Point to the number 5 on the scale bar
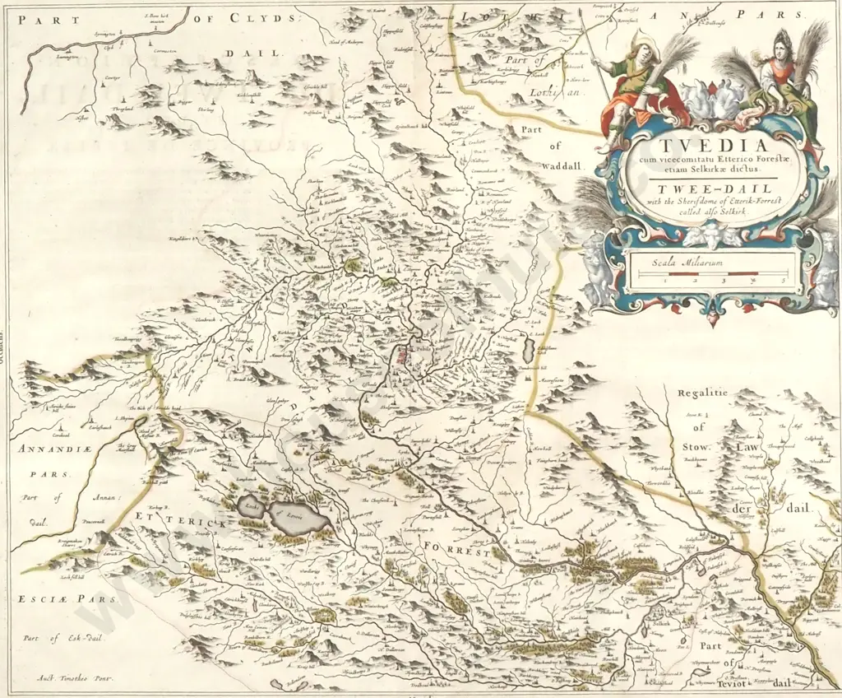tap(784, 282)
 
